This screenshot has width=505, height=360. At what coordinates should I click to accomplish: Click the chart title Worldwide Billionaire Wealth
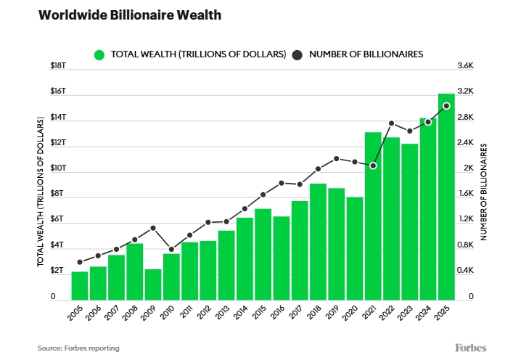pos(120,15)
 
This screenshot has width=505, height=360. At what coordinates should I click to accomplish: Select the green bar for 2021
pos(373,216)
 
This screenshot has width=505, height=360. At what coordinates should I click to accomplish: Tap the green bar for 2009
pos(152,284)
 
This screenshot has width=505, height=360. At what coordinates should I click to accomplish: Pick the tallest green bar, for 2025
pos(446,196)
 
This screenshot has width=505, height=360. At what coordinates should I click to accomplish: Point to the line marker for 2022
pos(391,123)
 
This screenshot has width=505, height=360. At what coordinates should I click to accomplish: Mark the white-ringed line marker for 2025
pos(446,106)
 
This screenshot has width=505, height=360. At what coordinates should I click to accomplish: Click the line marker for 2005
pos(80,262)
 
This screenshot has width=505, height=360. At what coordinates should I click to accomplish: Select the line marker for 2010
pos(171,249)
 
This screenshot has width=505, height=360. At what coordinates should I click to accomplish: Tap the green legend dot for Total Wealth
pos(99,54)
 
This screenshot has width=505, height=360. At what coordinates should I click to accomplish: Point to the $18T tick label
pos(58,66)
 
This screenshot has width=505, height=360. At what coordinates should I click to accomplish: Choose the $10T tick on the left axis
pos(58,168)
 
